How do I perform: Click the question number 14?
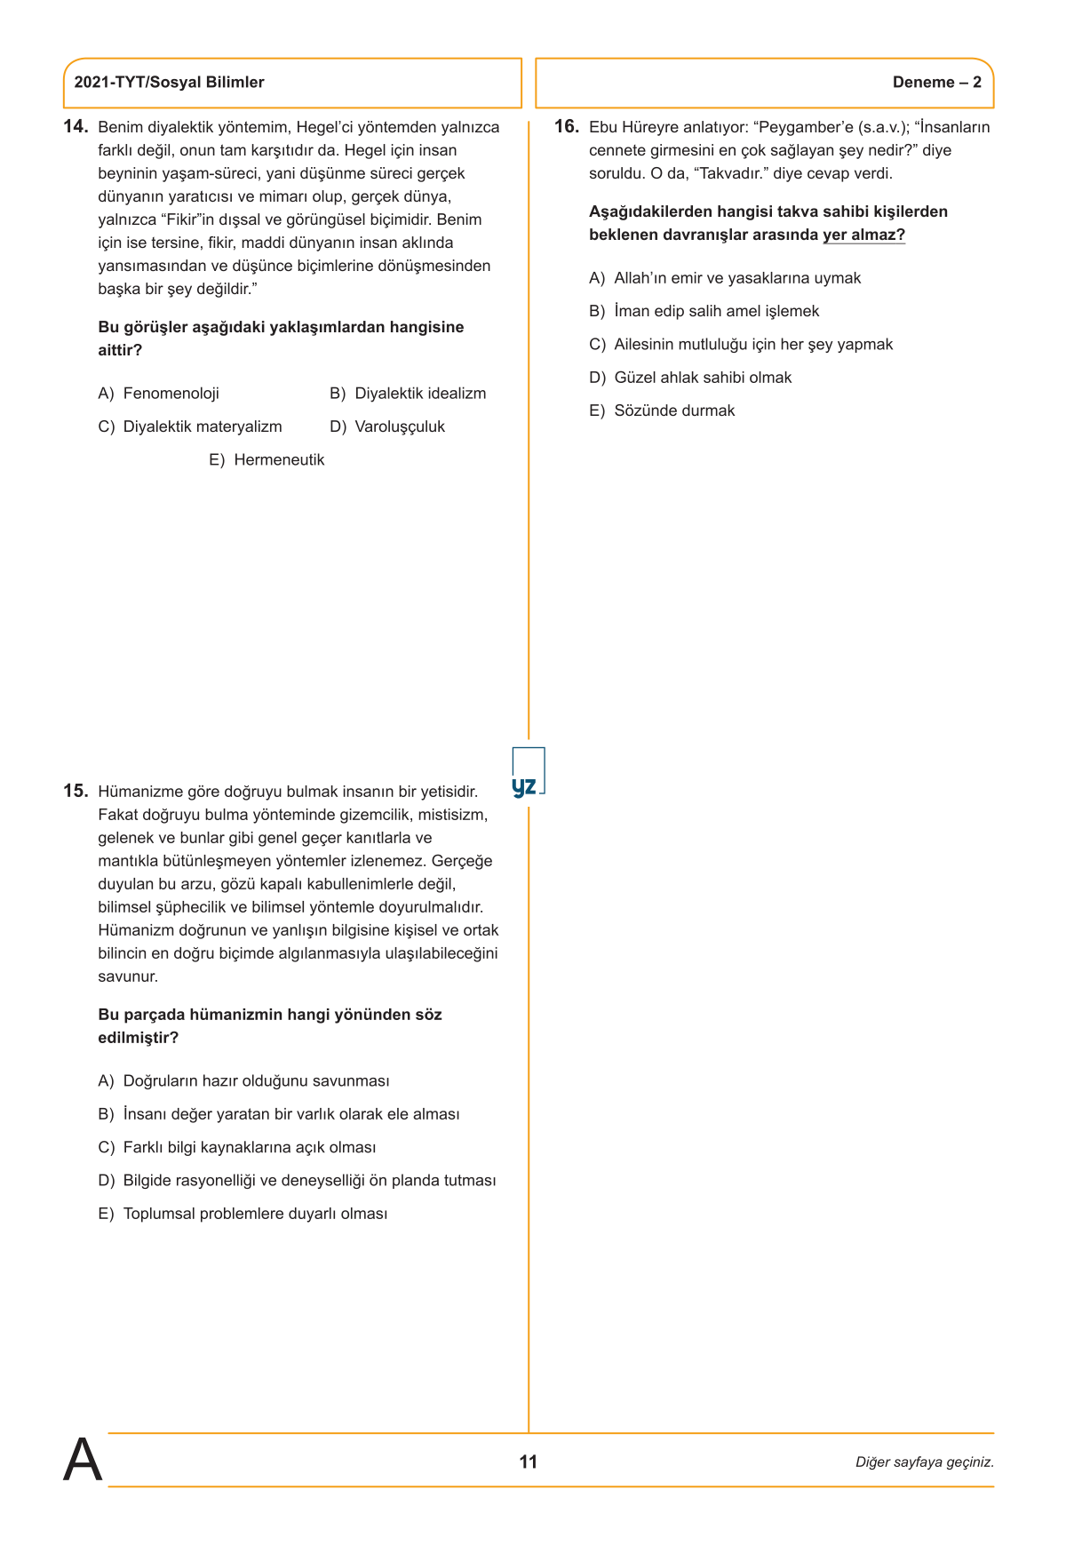pos(76,126)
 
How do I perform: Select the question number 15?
pos(76,791)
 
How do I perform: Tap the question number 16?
pos(567,126)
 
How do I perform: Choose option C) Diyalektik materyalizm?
pos(190,426)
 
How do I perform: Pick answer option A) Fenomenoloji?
pos(158,394)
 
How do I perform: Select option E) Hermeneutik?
pos(267,459)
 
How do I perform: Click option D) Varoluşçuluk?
pos(387,426)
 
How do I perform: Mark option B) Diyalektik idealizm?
pos(408,394)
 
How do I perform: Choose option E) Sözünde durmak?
pos(662,410)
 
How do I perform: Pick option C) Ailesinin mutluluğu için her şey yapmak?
pos(741,344)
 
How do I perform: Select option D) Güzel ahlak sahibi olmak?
pos(690,378)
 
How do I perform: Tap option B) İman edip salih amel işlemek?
pos(704,311)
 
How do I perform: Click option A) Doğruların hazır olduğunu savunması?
pos(243,1080)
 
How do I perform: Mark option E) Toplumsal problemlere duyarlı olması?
pos(243,1214)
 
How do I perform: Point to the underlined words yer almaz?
pos(863,235)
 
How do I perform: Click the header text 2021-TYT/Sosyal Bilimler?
pos(169,83)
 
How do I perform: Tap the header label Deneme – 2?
pos(936,83)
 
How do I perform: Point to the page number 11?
pos(529,1462)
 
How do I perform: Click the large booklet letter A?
pos(83,1460)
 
